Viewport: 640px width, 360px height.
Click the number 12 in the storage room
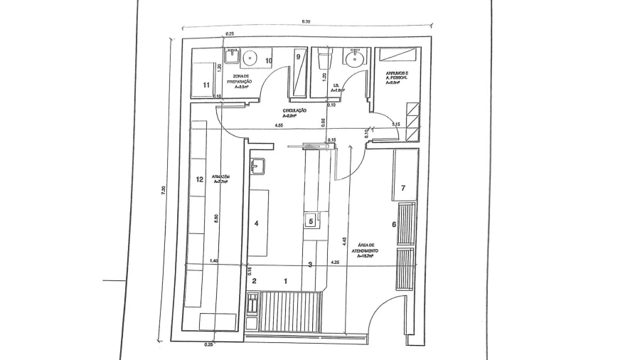click(x=200, y=179)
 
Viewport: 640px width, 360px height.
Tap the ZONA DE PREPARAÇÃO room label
click(x=235, y=82)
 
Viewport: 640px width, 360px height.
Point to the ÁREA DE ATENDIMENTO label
click(x=364, y=253)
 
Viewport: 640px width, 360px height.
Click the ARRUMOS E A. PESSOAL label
click(x=397, y=78)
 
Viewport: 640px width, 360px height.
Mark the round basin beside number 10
click(x=250, y=58)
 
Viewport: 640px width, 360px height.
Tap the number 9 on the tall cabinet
click(x=299, y=56)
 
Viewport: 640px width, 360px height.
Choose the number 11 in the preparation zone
click(x=206, y=85)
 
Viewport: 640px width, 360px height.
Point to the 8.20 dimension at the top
click(x=306, y=22)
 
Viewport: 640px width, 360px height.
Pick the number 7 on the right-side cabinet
click(x=403, y=188)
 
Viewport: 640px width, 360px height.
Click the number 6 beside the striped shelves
click(x=394, y=225)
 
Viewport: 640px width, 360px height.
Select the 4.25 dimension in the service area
click(x=334, y=263)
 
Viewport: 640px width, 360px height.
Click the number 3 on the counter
click(x=309, y=265)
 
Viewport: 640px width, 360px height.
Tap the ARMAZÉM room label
click(x=219, y=179)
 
